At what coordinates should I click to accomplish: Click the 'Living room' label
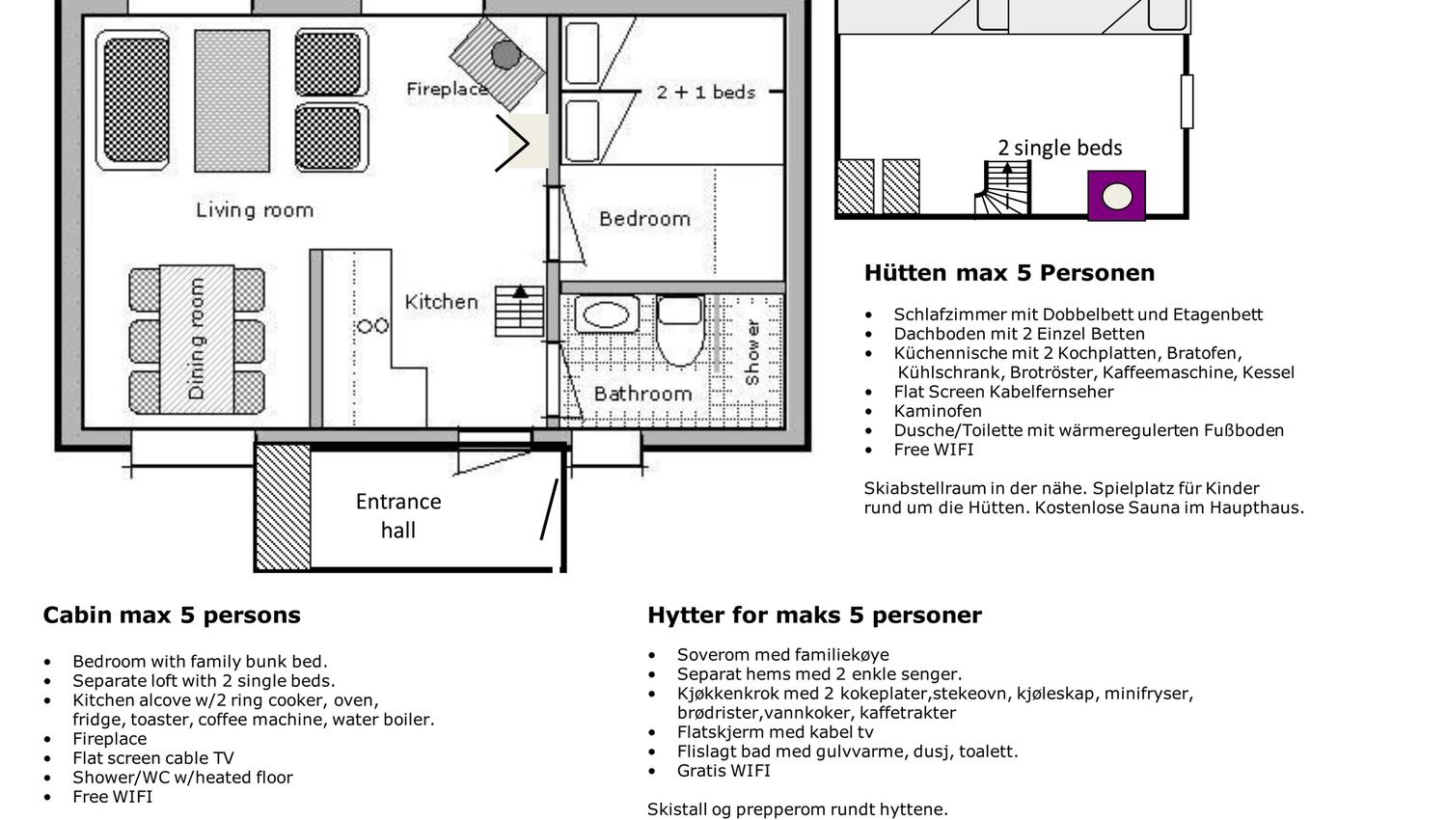255,210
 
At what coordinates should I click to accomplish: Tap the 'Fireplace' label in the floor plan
447,89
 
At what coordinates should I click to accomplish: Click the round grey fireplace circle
505,55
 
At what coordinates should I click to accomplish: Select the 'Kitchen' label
441,302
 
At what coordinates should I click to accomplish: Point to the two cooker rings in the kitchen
373,326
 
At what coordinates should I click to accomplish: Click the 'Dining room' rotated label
197,339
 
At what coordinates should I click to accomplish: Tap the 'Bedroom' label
644,218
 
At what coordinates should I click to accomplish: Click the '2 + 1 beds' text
705,93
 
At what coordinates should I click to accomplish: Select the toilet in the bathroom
680,330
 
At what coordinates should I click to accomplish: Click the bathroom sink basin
606,314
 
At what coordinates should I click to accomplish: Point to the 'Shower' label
751,352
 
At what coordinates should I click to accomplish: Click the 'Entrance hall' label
398,516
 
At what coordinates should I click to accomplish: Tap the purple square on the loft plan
1116,195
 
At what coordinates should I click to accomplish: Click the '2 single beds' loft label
1059,148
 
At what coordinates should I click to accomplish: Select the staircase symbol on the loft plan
1002,187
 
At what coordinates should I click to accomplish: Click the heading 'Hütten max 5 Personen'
1009,273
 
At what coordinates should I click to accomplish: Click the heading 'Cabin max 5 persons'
172,615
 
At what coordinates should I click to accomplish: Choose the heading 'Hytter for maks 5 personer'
814,615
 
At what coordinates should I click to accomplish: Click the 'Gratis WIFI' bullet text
723,770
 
